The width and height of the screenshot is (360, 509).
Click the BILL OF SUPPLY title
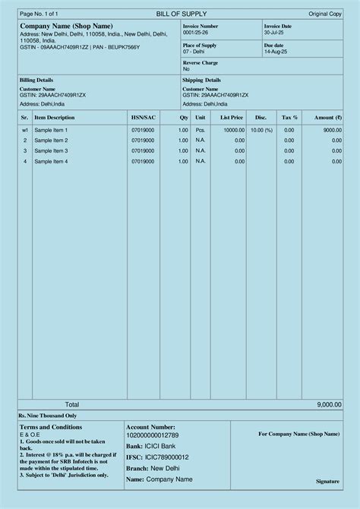pos(181,14)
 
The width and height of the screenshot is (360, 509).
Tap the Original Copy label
pos(324,14)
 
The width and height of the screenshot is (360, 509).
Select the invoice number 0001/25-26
pos(194,33)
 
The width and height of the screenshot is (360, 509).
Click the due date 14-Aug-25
pos(276,52)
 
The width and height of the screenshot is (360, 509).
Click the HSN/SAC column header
pos(143,118)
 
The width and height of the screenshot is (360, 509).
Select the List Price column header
pos(232,118)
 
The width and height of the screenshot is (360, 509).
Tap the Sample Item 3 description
pos(51,150)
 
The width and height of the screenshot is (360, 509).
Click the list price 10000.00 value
pos(233,130)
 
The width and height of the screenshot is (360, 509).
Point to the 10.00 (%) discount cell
pos(261,130)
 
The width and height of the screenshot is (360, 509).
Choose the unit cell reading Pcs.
pos(200,130)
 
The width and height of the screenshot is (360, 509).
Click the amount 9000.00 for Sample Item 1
pos(332,130)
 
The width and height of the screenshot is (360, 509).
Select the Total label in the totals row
pos(71,405)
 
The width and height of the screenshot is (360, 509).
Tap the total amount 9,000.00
pos(329,405)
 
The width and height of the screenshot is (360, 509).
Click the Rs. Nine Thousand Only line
pos(47,416)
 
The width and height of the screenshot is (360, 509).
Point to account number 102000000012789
pos(152,435)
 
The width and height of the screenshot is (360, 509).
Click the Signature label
pos(327,482)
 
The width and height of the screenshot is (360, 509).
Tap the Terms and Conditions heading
pos(51,427)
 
